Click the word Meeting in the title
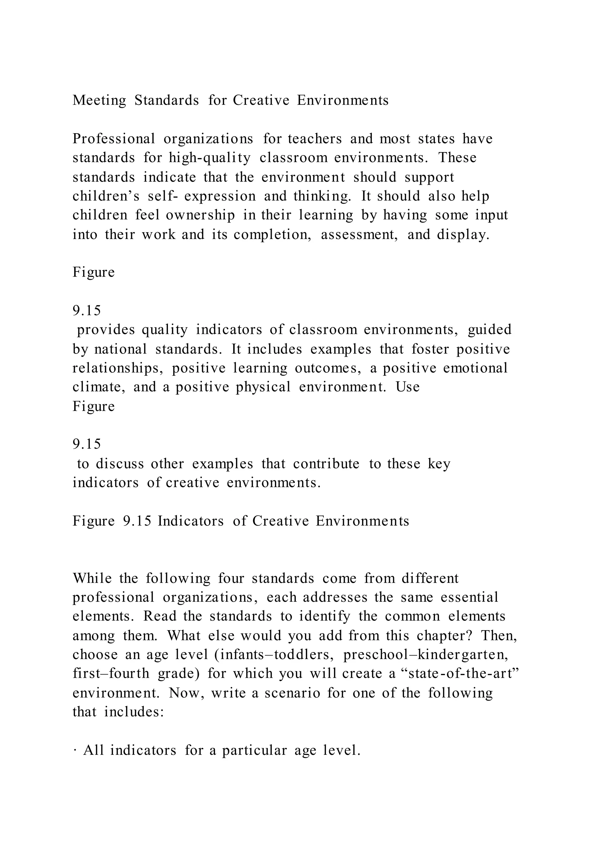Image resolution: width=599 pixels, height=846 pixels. pyautogui.click(x=99, y=100)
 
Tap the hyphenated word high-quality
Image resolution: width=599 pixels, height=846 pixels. pyautogui.click(x=209, y=158)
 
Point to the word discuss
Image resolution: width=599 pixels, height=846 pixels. pyautogui.click(x=120, y=464)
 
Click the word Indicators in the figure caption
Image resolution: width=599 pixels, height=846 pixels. pyautogui.click(x=191, y=521)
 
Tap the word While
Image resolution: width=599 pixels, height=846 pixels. pyautogui.click(x=92, y=578)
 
